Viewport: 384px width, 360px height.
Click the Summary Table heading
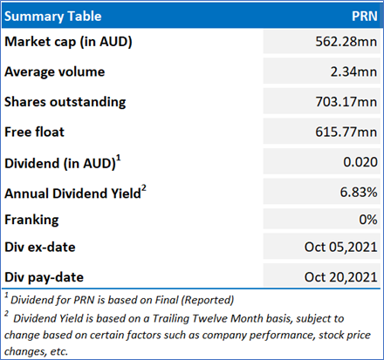53,17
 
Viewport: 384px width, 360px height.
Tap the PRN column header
365,16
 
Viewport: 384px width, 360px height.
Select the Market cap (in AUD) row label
68,42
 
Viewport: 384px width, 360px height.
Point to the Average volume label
55,71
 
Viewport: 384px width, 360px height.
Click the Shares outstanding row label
65,102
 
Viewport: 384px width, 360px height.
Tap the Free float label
34,132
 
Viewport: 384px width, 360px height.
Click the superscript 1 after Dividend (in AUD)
119,158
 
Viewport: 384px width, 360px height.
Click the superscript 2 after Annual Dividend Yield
144,188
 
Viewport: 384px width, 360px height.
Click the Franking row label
31,220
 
